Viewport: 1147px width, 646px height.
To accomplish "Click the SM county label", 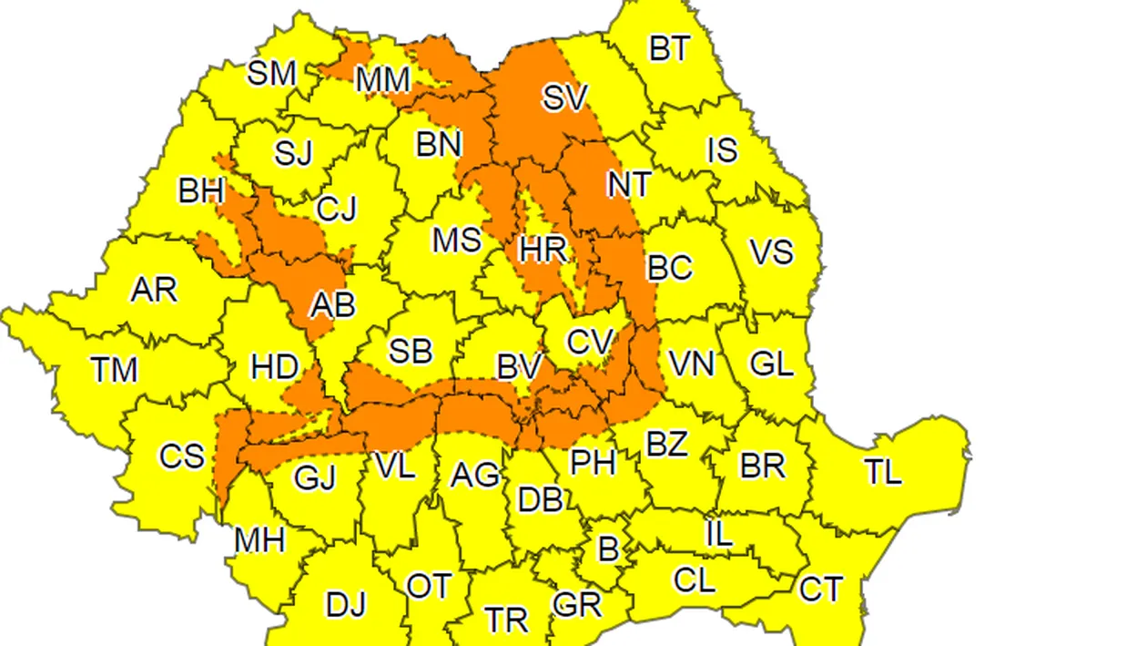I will [x=272, y=72].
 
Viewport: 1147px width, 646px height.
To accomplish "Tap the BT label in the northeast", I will [x=670, y=48].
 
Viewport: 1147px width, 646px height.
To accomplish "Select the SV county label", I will [x=566, y=97].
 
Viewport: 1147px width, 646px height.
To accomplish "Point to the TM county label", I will [x=115, y=370].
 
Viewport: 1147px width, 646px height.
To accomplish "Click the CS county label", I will [x=182, y=456].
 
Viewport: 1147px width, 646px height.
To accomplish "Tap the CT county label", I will [x=820, y=590].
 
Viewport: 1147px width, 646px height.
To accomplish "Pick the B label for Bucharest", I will [x=607, y=549].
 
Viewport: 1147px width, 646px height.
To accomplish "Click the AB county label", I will [x=332, y=304].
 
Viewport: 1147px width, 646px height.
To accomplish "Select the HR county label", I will [x=543, y=249].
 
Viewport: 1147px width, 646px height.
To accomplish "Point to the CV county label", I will [x=590, y=342].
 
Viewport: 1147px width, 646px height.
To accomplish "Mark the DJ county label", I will [x=346, y=604].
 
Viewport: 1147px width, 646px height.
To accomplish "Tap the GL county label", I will [x=772, y=364].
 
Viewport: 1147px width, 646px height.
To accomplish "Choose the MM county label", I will [x=383, y=80].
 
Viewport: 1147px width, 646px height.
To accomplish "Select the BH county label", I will [x=201, y=191].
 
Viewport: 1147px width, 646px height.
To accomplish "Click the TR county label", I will [x=506, y=620].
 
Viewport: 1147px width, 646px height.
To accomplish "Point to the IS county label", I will [x=722, y=149].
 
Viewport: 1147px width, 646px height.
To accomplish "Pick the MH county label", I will [x=259, y=540].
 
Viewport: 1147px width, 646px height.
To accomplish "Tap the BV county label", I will [x=520, y=367].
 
